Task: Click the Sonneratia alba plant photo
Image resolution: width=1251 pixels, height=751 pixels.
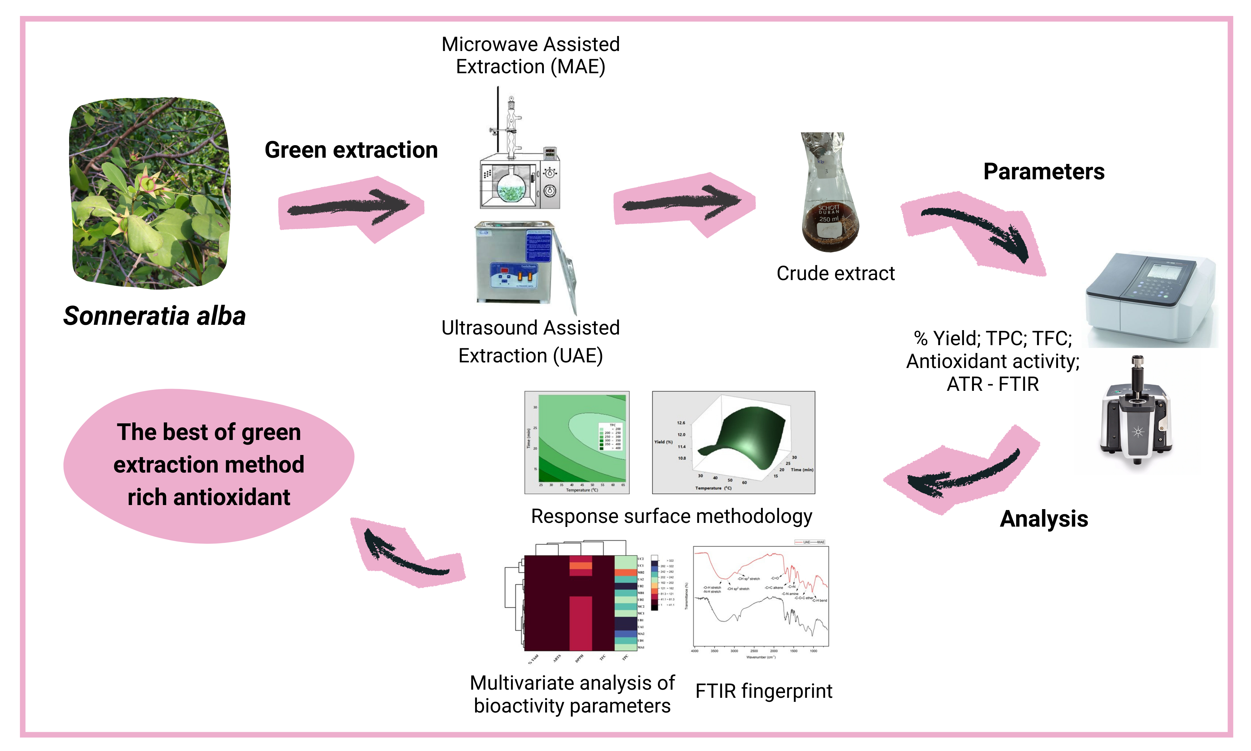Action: [x=150, y=193]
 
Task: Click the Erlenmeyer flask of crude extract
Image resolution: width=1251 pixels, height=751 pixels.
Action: [x=829, y=195]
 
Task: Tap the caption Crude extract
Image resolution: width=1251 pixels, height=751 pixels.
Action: [x=835, y=273]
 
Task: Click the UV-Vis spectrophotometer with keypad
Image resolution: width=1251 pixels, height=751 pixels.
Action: [x=1150, y=299]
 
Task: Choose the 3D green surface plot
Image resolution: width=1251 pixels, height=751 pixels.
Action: [x=733, y=442]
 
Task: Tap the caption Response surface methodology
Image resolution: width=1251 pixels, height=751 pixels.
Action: [x=671, y=516]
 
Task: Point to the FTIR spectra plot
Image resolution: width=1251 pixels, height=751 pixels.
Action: [x=758, y=600]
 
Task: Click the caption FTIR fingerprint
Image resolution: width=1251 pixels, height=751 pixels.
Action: [x=763, y=691]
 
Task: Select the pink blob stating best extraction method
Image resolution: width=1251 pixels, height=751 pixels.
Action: [x=208, y=465]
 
